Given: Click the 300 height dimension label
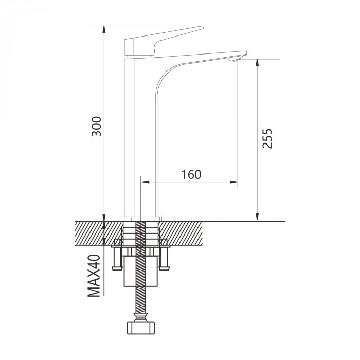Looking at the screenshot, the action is pos(96,127).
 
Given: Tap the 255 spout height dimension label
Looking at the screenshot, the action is pos(267,138).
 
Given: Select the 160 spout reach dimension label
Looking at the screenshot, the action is pos(191,174).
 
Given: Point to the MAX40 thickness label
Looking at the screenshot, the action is pos(94,276).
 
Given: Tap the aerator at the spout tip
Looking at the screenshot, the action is pos(234,59).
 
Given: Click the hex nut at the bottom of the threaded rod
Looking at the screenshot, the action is pos(141,328).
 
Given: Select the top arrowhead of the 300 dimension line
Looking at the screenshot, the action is pos(104,30).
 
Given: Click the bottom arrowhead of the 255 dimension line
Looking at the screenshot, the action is pos(257,217).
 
